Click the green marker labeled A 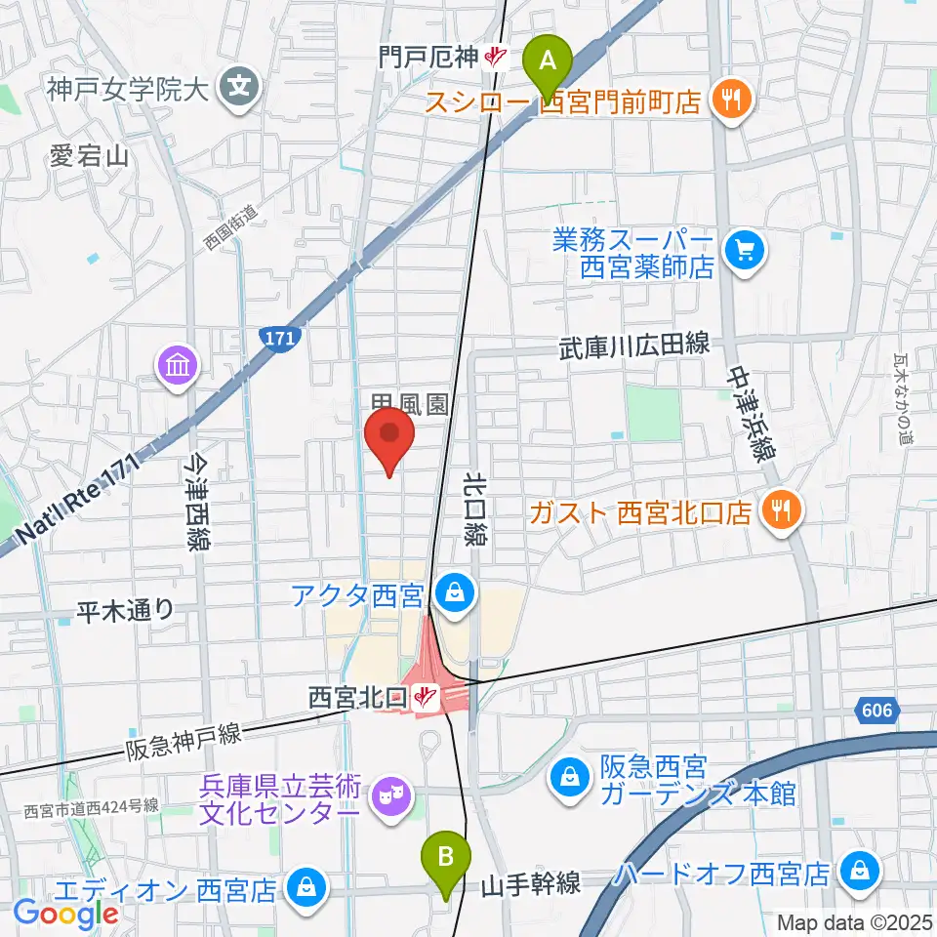coord(549,62)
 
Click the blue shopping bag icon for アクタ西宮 coord(453,591)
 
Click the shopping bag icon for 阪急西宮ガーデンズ coord(568,777)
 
